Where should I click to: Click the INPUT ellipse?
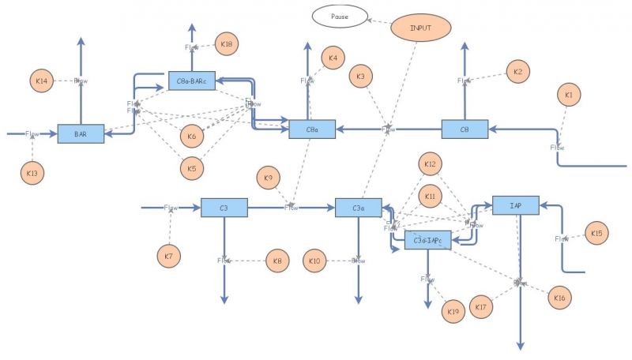pos(421,28)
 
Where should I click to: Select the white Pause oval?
pos(340,15)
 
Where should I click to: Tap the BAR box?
pos(81,134)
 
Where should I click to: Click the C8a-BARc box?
pos(191,81)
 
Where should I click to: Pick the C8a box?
pos(312,129)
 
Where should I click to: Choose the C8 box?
pos(465,129)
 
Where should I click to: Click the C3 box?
pos(224,208)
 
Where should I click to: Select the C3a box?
pos(359,208)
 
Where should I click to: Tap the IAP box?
pos(515,205)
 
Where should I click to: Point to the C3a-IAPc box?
pos(427,241)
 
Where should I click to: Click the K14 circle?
pos(43,81)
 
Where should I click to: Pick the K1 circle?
pos(568,96)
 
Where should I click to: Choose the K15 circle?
pos(596,233)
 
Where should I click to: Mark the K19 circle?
pos(453,311)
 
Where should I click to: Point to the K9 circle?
pos(269,178)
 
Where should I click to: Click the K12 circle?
pos(430,165)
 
